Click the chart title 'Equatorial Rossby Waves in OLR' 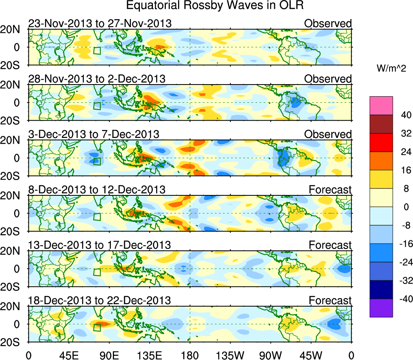pyautogui.click(x=215, y=6)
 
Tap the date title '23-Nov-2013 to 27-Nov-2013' pyautogui.click(x=100, y=24)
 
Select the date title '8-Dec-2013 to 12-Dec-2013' pyautogui.click(x=97, y=190)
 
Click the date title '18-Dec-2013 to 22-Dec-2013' pyautogui.click(x=100, y=301)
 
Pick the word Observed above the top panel pyautogui.click(x=328, y=24)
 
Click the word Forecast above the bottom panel pyautogui.click(x=330, y=301)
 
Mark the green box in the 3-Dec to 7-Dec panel pyautogui.click(x=97, y=161)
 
